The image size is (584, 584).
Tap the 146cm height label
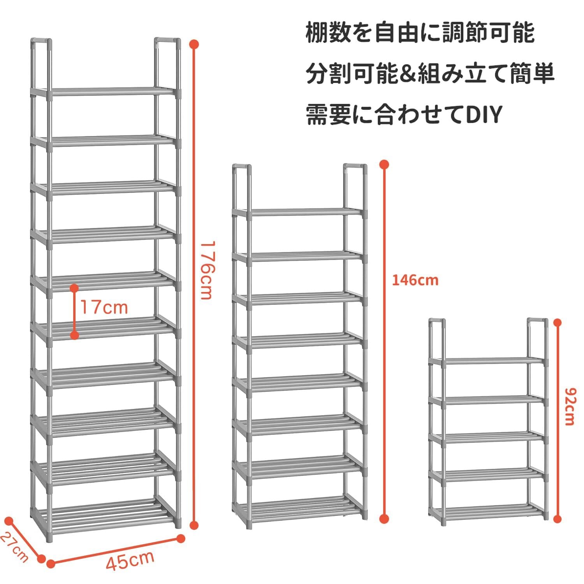tap(415, 280)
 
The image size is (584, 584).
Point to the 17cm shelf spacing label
tap(104, 308)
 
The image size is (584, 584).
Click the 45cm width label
tap(130, 561)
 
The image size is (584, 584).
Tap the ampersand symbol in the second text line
tap(405, 74)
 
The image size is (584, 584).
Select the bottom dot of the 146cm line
tap(384, 519)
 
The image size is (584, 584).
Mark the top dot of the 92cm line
tap(558, 322)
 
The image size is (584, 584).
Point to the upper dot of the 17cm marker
tap(74, 288)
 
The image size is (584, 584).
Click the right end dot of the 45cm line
tap(181, 538)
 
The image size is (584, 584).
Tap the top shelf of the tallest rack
tap(113, 91)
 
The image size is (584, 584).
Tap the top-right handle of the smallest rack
tap(538, 322)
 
